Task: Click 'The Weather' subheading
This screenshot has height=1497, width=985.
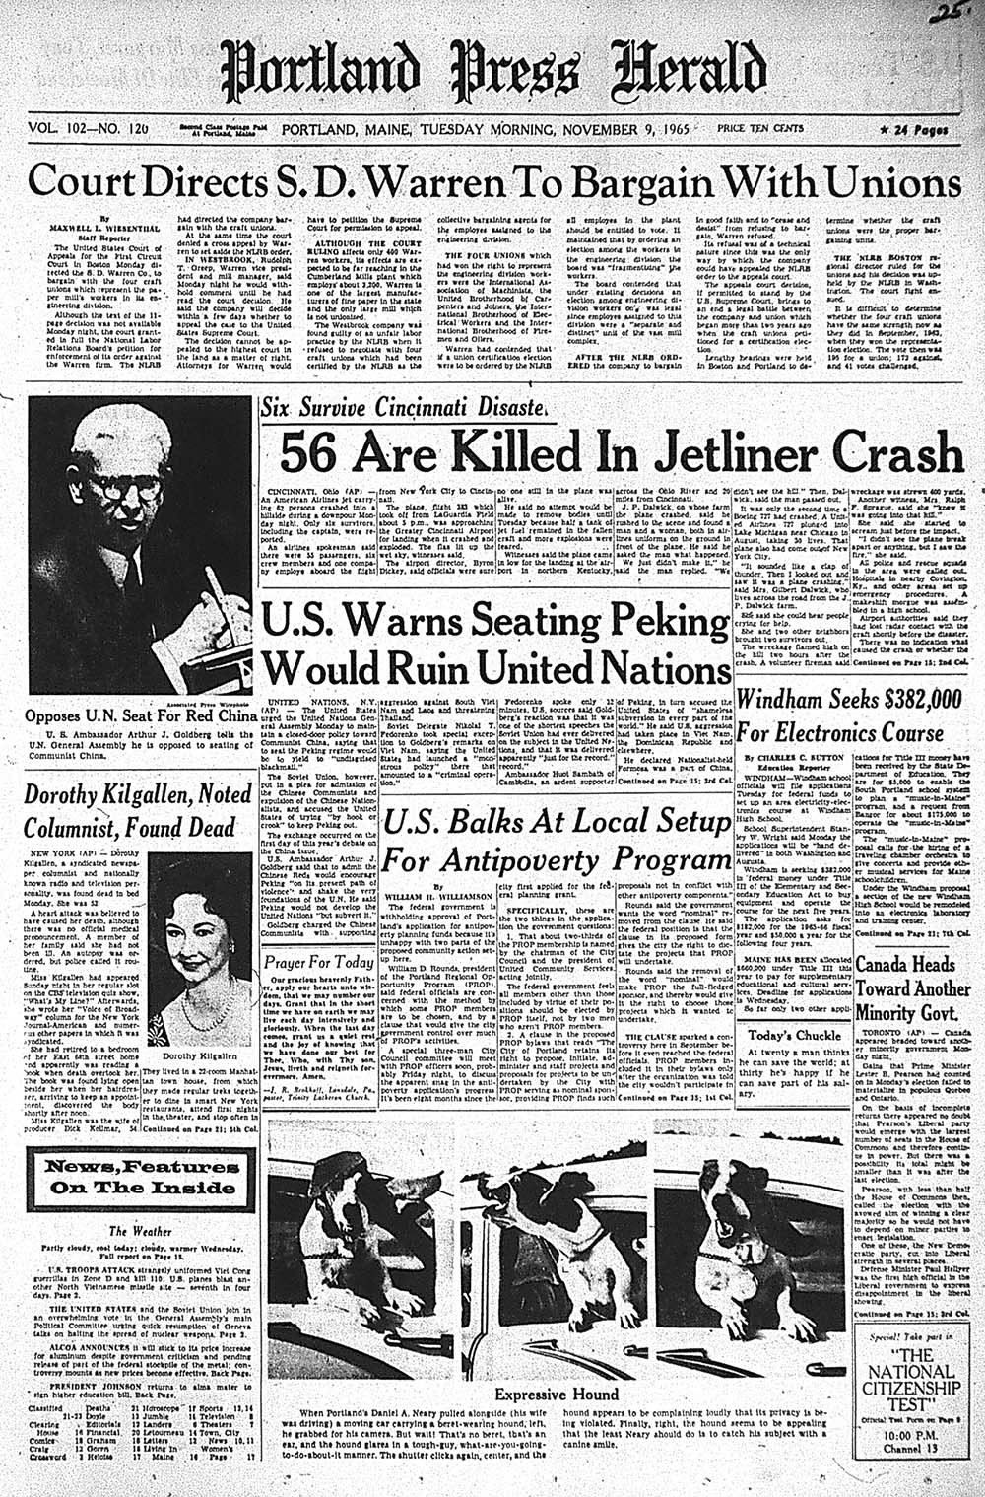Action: pyautogui.click(x=132, y=1231)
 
